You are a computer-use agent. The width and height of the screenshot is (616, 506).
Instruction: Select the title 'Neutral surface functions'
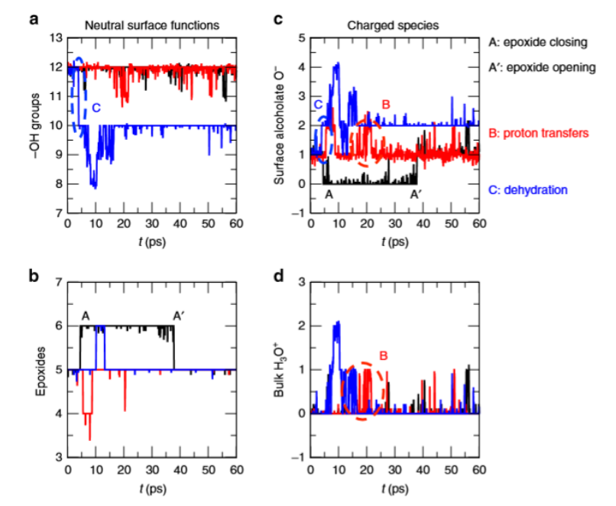[x=151, y=25]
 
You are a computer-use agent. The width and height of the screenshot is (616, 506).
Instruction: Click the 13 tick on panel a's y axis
[x=54, y=37]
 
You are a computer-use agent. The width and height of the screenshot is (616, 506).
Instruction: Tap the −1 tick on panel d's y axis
[x=300, y=457]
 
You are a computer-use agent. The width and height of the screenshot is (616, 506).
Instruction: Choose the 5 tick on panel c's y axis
[x=303, y=37]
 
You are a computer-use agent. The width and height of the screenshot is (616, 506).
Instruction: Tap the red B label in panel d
[x=384, y=355]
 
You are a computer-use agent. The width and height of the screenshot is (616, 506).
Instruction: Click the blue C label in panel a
[x=96, y=109]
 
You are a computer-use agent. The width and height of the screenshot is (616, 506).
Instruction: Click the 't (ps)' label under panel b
[x=153, y=488]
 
